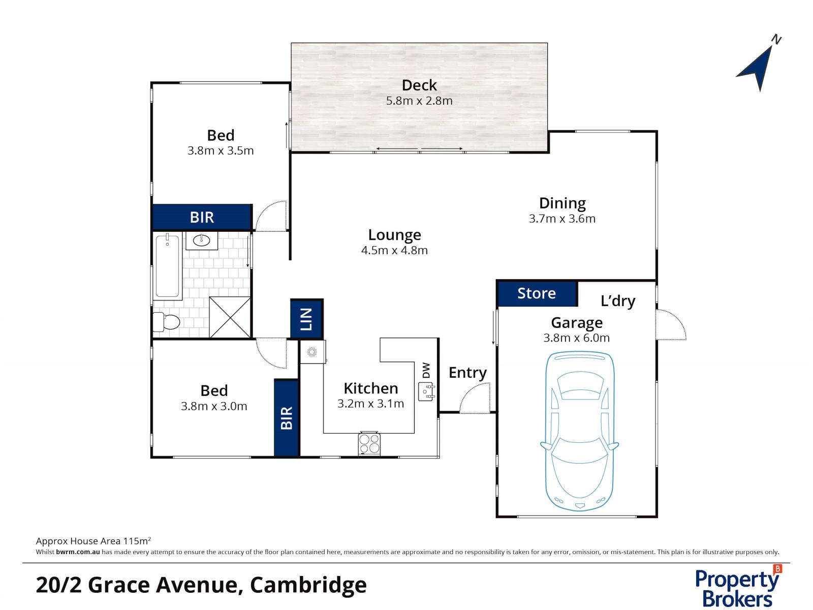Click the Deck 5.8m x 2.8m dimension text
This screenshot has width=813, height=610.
pyautogui.click(x=419, y=101)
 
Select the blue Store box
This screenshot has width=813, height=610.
pyautogui.click(x=537, y=293)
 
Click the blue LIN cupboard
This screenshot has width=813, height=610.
pyautogui.click(x=306, y=319)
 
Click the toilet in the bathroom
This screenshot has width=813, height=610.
pyautogui.click(x=167, y=322)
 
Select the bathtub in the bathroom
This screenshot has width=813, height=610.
pyautogui.click(x=167, y=266)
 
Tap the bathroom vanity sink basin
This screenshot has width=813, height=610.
pyautogui.click(x=202, y=240)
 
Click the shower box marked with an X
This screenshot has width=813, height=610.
pyautogui.click(x=230, y=317)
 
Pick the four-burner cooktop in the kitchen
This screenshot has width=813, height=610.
pyautogui.click(x=369, y=443)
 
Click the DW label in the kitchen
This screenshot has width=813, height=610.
pyautogui.click(x=426, y=370)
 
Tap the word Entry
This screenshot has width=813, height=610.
pyautogui.click(x=467, y=373)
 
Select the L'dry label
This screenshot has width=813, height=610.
pyautogui.click(x=617, y=301)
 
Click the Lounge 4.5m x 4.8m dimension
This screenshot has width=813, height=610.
pyautogui.click(x=394, y=250)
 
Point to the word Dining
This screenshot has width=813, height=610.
pyautogui.click(x=562, y=203)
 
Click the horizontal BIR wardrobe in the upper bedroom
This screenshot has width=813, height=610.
pyautogui.click(x=202, y=218)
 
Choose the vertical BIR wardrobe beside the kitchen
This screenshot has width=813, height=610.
pyautogui.click(x=286, y=417)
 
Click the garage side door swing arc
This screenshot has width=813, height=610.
pyautogui.click(x=672, y=325)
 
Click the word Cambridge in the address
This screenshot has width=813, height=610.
pyautogui.click(x=308, y=585)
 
